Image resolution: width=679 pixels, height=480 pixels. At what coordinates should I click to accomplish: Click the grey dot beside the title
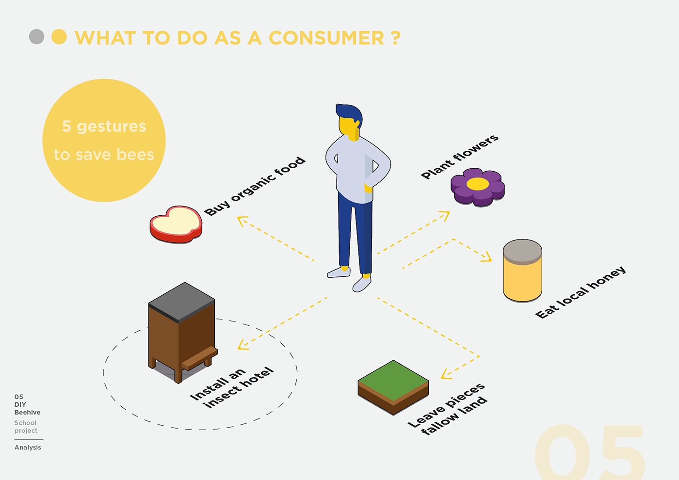click(x=36, y=37)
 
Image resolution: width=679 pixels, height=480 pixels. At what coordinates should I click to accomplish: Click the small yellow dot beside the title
click(x=59, y=37)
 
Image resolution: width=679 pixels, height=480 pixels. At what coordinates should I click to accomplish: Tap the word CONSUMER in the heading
click(x=326, y=38)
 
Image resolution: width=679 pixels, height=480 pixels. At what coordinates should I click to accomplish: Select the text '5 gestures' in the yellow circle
click(x=104, y=126)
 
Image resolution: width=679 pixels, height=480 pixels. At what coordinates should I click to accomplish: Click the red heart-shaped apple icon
click(x=176, y=224)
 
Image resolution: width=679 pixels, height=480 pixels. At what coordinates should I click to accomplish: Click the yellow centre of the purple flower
click(x=477, y=184)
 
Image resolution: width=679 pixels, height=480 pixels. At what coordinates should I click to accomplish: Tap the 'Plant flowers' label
click(x=459, y=157)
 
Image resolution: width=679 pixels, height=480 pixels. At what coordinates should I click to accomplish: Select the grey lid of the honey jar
click(x=522, y=251)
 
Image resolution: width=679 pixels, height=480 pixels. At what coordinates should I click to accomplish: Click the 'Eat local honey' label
click(x=581, y=292)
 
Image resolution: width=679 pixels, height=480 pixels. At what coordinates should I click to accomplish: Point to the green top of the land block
click(x=393, y=380)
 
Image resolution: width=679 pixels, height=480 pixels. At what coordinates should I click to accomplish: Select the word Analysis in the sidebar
click(x=28, y=448)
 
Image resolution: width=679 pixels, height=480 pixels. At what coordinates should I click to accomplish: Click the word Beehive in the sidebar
click(x=27, y=413)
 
